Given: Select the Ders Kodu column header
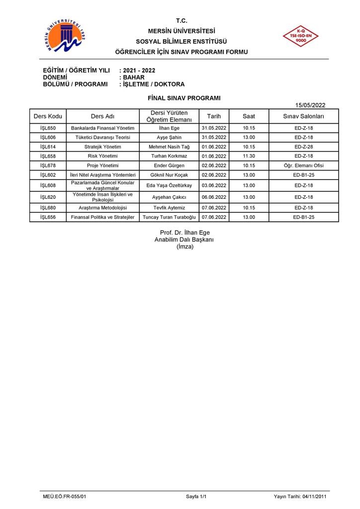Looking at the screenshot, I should (x=48, y=116).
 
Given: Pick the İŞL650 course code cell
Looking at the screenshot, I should (x=48, y=128).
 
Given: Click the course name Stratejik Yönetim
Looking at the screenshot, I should (x=102, y=147).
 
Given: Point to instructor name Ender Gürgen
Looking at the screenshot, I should (x=169, y=166).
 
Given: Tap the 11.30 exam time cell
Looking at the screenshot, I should (x=249, y=156).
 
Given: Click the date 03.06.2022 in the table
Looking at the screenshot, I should (x=214, y=185).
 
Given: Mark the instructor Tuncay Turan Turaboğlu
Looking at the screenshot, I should (x=169, y=217).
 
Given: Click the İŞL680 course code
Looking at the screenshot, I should (x=48, y=208).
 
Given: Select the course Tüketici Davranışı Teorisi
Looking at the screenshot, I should (x=102, y=138).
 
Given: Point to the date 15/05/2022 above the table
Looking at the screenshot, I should (x=310, y=105).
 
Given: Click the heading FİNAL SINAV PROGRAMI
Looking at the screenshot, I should (x=184, y=98).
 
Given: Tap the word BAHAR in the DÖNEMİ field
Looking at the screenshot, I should (x=134, y=78).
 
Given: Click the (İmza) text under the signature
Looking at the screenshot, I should (x=184, y=247).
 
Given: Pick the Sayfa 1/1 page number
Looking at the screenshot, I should (x=196, y=497).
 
